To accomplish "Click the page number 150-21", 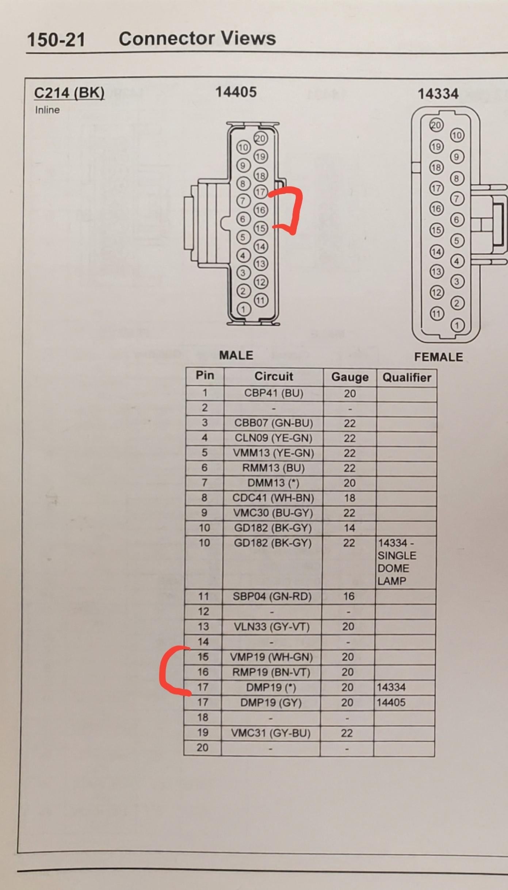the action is click(x=56, y=39).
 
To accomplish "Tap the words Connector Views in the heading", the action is click(x=197, y=38).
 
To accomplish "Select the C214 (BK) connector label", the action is click(x=69, y=93).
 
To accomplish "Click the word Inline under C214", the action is click(x=47, y=110).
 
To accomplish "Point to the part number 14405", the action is click(x=236, y=92).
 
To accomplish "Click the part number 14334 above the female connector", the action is click(x=438, y=94).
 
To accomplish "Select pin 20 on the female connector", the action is click(x=436, y=125).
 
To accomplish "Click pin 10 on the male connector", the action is click(x=243, y=147).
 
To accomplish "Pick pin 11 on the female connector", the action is click(x=436, y=314).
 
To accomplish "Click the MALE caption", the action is click(x=236, y=355).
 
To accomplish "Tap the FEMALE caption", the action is click(x=438, y=357).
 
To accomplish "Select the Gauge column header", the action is click(x=350, y=377).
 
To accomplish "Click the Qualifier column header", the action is click(x=407, y=377).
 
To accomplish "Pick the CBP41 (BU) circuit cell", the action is click(x=274, y=393).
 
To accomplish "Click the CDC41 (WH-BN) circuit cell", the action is click(x=273, y=498).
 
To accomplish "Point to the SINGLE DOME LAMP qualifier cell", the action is click(x=397, y=562).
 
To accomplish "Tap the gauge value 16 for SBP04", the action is click(x=348, y=596).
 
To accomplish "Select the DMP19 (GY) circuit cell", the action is click(x=271, y=702).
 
